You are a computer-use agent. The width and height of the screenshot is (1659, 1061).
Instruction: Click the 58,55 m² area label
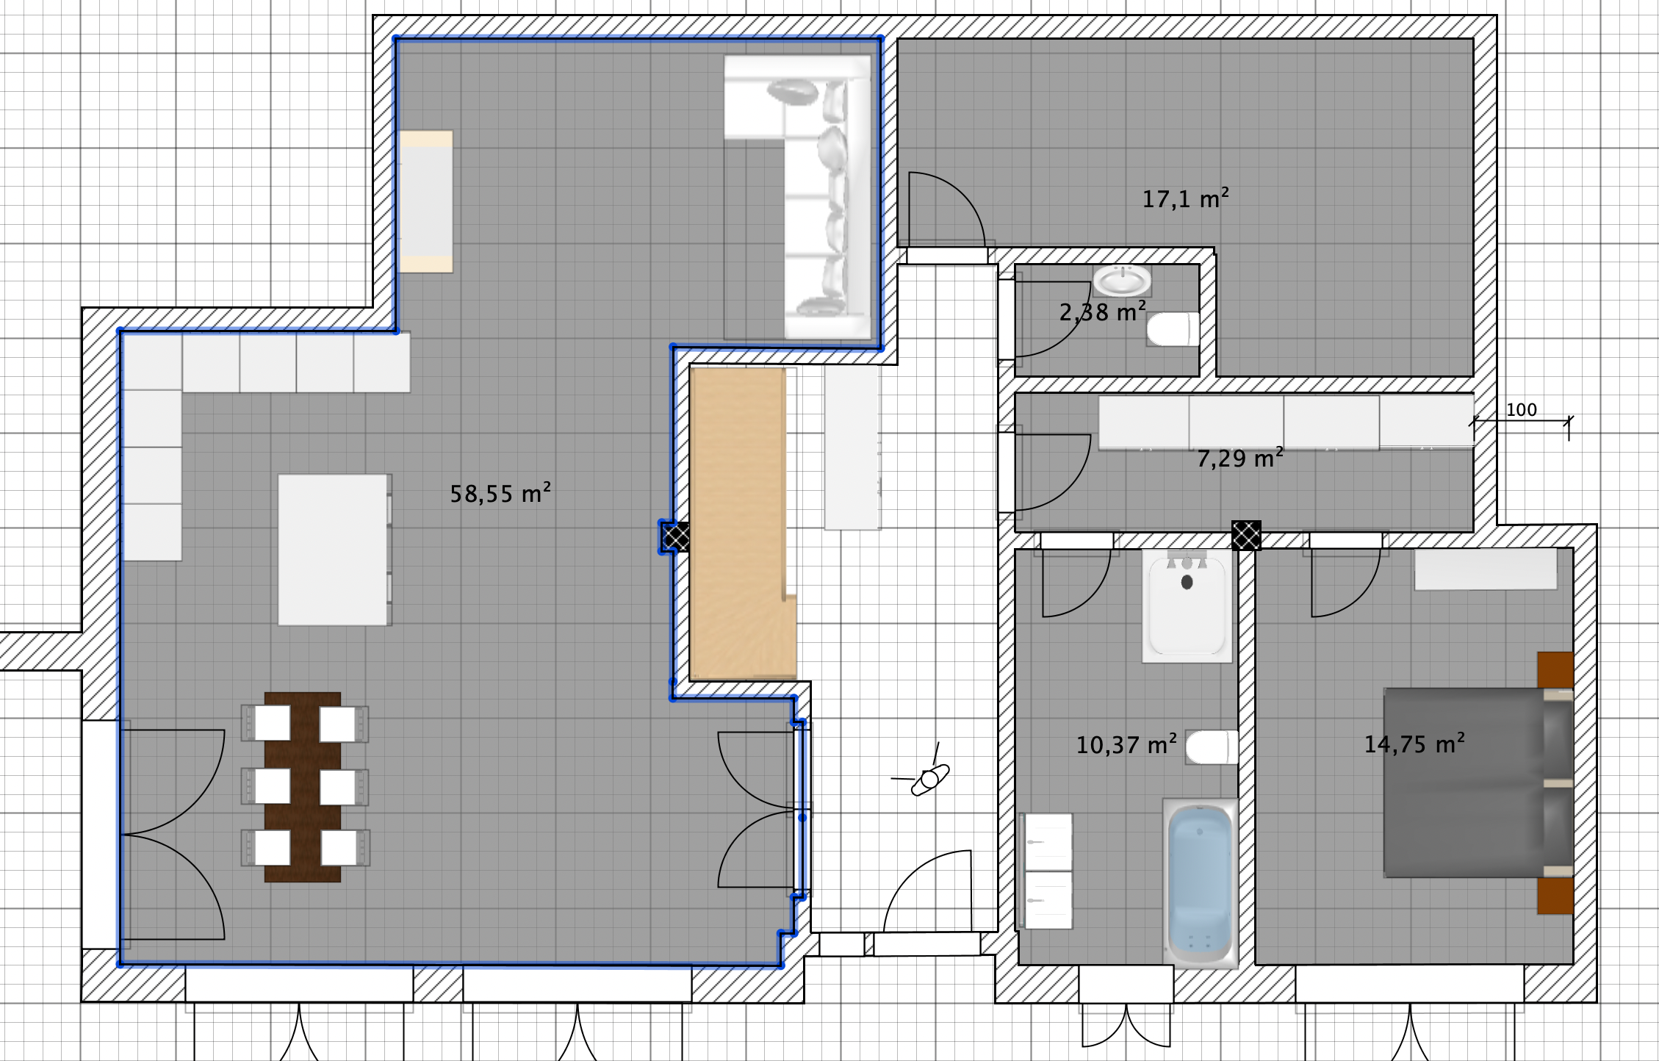click(x=500, y=493)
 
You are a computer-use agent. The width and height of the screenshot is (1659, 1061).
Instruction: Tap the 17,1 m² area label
click(x=1185, y=198)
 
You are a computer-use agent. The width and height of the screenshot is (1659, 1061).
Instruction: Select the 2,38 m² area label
click(x=1102, y=312)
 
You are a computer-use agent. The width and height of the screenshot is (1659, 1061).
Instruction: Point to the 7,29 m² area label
click(x=1240, y=458)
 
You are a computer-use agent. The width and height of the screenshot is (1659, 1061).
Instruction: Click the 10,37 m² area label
click(x=1126, y=744)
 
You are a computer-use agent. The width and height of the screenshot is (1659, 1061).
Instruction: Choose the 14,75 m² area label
click(x=1414, y=744)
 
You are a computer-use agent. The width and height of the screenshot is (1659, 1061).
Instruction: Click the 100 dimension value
click(x=1521, y=410)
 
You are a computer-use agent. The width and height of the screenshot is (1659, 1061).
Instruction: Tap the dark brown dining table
click(x=303, y=787)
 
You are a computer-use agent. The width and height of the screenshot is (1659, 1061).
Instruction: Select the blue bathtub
click(x=1200, y=882)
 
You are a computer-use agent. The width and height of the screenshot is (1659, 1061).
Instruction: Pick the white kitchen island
click(x=334, y=550)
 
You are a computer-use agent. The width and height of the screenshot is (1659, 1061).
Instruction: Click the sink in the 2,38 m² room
click(x=1122, y=281)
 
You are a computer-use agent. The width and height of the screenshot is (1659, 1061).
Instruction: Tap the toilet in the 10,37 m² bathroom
click(x=1212, y=747)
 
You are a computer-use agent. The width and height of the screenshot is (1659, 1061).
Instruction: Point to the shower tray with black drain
click(x=1187, y=605)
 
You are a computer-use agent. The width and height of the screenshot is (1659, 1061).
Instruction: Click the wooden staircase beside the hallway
click(x=743, y=523)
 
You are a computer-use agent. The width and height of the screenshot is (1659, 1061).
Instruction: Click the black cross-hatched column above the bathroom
click(x=1246, y=535)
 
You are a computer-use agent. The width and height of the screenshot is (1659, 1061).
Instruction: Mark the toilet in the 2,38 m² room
click(x=1173, y=329)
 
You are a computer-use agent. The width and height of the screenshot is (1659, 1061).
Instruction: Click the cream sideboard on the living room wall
click(x=425, y=202)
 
